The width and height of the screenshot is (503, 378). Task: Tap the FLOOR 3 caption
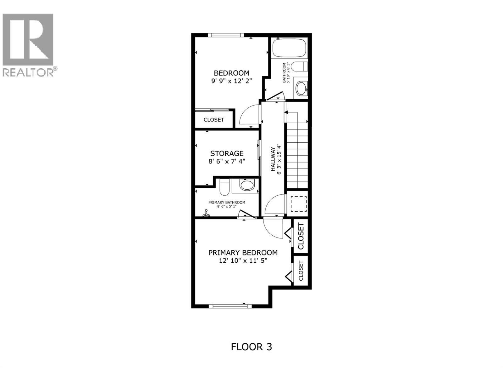(x=251, y=347)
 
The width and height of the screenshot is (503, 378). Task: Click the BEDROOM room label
(x=231, y=73)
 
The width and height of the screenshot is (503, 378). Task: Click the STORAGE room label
(x=227, y=153)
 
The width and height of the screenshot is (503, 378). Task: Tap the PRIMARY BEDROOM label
(x=243, y=253)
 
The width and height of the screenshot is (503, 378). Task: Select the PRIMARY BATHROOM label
(x=227, y=203)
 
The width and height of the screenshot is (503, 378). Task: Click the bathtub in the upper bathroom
(x=289, y=48)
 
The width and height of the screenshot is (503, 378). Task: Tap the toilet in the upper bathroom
(x=299, y=67)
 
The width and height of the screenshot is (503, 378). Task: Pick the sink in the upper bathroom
(x=301, y=89)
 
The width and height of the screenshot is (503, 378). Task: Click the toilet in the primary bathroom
(x=224, y=187)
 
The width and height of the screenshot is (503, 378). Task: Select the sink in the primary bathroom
(x=247, y=185)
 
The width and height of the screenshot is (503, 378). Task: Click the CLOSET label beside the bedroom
(x=214, y=120)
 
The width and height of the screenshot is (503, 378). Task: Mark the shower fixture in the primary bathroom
(x=206, y=214)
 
